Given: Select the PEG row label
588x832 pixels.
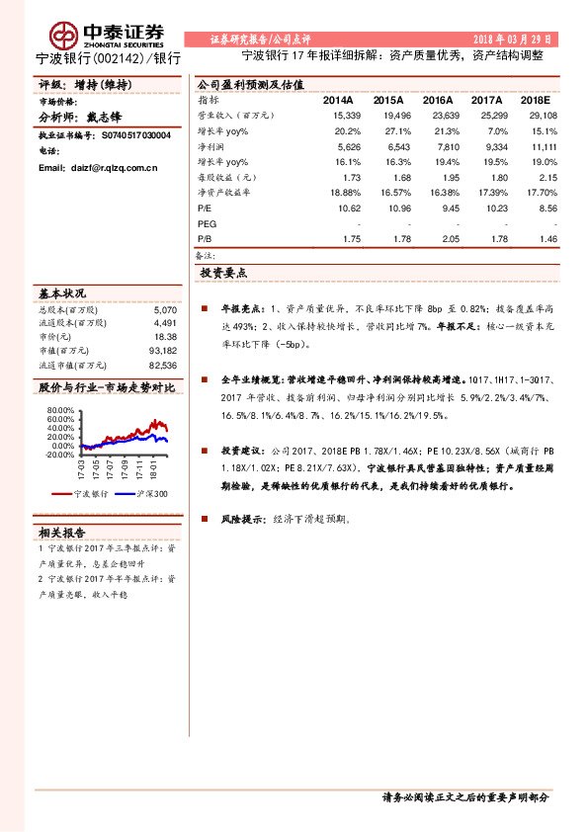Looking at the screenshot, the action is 207,224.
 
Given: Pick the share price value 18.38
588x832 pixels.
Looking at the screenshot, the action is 165,336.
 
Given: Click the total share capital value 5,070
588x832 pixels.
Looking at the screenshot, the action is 164,308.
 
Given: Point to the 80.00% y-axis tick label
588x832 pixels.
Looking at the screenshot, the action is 59,409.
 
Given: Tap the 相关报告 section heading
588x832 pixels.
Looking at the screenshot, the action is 62,533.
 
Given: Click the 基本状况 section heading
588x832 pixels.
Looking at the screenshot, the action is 62,292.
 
